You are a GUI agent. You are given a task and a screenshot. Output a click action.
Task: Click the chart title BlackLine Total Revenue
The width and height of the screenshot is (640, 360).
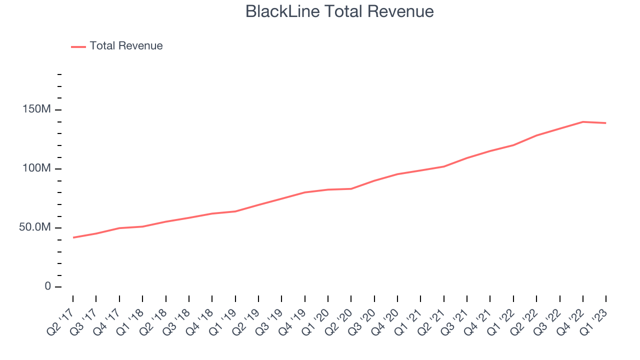click(339, 11)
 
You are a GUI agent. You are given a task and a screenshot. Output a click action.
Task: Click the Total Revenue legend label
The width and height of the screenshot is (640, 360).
click(126, 46)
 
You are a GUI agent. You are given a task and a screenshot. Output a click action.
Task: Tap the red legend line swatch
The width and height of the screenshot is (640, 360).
click(78, 46)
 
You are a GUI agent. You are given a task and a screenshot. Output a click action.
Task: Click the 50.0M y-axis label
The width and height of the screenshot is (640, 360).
click(35, 227)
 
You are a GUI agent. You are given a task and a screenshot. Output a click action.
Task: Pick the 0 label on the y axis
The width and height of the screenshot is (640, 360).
click(48, 286)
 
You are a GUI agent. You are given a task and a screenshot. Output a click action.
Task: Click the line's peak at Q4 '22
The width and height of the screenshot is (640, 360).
click(583, 121)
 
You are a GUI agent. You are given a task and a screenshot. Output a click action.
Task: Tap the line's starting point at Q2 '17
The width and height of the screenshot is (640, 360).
click(73, 237)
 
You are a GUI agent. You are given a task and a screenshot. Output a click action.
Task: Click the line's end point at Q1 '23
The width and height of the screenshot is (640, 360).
click(606, 123)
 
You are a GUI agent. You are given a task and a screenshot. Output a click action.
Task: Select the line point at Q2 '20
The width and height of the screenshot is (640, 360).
click(351, 188)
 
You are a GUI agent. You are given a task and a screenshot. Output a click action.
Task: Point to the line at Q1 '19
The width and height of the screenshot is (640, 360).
click(235, 211)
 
